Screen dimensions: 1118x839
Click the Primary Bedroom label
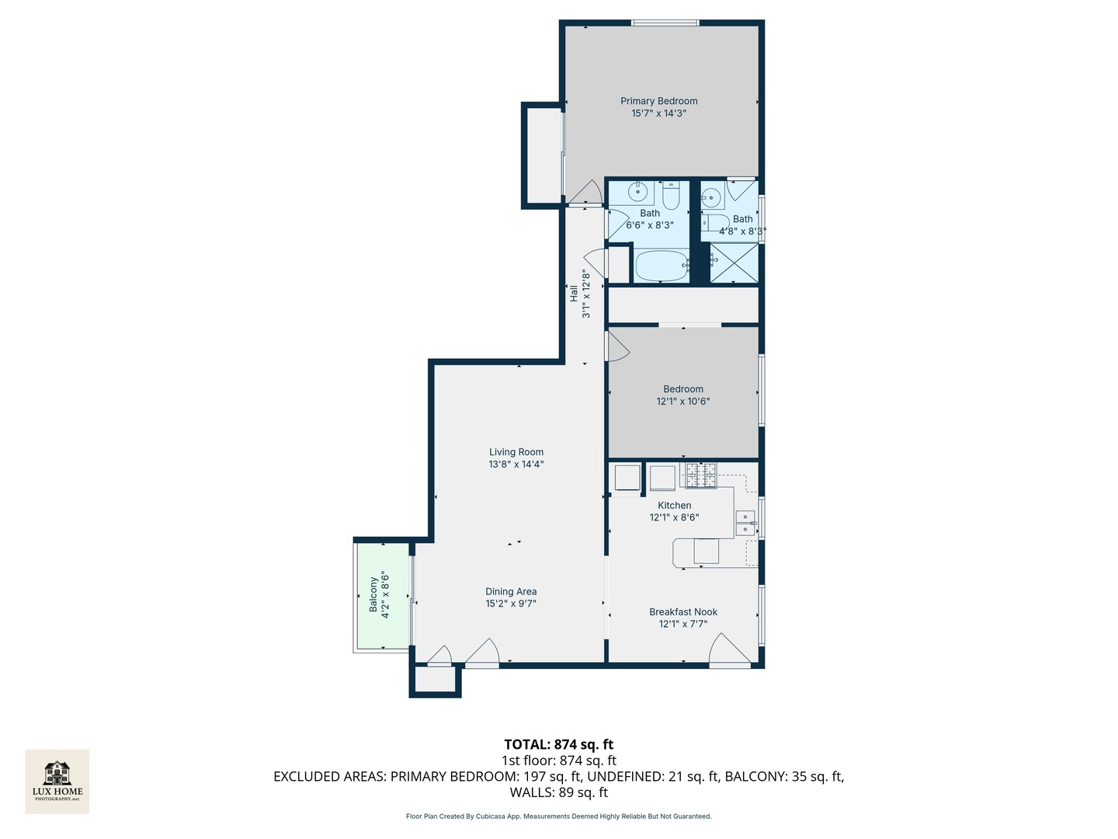[x=658, y=101]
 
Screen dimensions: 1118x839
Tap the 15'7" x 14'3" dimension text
[x=658, y=113]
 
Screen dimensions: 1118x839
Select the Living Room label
[x=516, y=452]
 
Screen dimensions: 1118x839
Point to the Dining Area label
[x=511, y=591]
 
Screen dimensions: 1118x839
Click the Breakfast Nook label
[x=683, y=612]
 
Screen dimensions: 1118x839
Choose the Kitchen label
[x=675, y=505]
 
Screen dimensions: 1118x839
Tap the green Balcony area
[x=383, y=596]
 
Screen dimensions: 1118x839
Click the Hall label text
[x=574, y=294]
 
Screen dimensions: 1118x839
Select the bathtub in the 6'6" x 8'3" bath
[x=661, y=266]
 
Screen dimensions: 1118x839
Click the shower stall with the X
[x=734, y=263]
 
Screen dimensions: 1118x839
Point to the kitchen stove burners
[x=701, y=475]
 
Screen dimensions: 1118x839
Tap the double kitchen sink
[x=745, y=523]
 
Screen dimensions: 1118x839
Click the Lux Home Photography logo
[x=57, y=782]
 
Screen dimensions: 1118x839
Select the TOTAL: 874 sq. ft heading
[x=559, y=744]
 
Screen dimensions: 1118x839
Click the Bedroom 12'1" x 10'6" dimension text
[x=682, y=401]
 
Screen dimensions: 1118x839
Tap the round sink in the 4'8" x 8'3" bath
[x=711, y=196]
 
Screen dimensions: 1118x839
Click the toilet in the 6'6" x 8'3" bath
[x=671, y=196]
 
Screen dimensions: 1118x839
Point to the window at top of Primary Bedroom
[x=665, y=23]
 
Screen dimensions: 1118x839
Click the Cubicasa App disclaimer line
[x=559, y=816]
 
